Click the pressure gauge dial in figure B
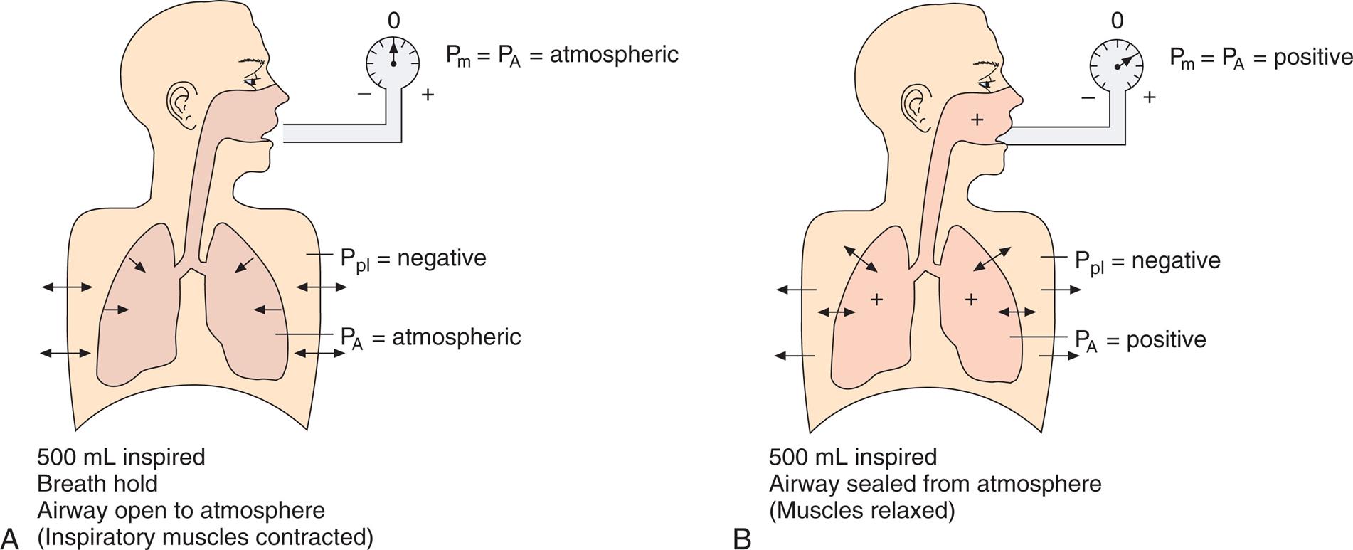pos(1116,63)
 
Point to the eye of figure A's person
pos(250,81)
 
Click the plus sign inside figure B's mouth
pos(977,120)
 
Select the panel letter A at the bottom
pos(10,537)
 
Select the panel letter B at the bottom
pos(742,539)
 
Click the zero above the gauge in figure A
pos(393,21)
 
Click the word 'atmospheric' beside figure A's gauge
pos(614,54)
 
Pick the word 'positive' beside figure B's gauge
pos(1312,57)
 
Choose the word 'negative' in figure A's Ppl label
pos(442,258)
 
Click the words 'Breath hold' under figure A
pos(97,484)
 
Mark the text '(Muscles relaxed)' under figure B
pos(861,511)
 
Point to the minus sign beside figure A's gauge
pos(364,93)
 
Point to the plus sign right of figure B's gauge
pos(1149,97)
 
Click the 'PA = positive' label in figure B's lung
pos(1140,340)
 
